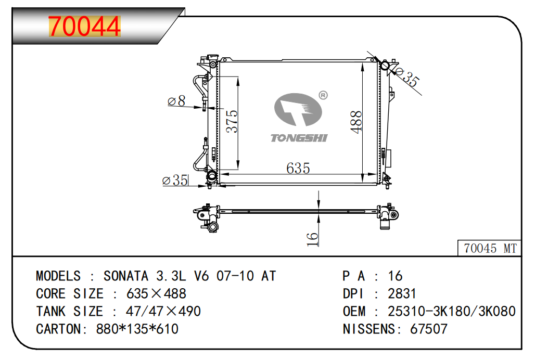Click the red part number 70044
coord(85,26)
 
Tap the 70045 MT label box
coord(490,248)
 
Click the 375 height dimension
coord(232,121)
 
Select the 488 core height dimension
coord(356,122)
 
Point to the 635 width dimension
coord(298,168)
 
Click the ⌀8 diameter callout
coord(176,101)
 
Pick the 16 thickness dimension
coord(312,239)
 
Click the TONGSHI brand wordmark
coord(299,138)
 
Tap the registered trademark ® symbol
coord(323,95)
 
